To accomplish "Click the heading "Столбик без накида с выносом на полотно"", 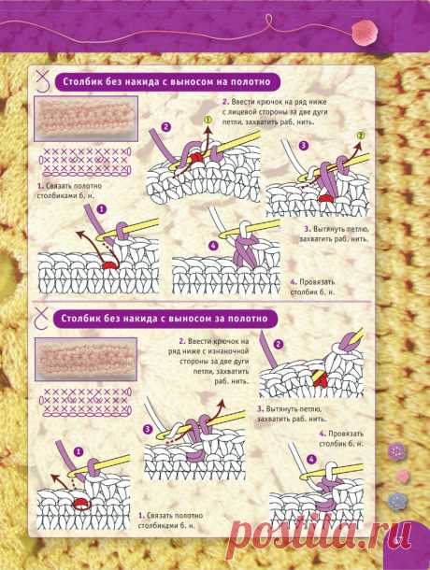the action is pyautogui.click(x=167, y=82).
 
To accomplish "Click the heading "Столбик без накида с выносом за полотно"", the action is pyautogui.click(x=165, y=319).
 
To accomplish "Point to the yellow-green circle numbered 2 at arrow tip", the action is pyautogui.click(x=361, y=135).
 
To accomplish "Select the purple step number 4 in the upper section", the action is pyautogui.click(x=213, y=246).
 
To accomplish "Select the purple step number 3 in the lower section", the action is pyautogui.click(x=148, y=429).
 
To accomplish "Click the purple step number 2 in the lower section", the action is pyautogui.click(x=279, y=344).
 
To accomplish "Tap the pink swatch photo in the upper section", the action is pyautogui.click(x=86, y=119).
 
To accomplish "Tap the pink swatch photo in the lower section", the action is pyautogui.click(x=86, y=359).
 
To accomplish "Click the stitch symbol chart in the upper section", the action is pyautogui.click(x=85, y=161).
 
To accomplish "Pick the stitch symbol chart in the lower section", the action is pyautogui.click(x=85, y=402).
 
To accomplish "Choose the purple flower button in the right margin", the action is pyautogui.click(x=397, y=451).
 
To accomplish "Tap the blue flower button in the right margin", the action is pyautogui.click(x=397, y=502).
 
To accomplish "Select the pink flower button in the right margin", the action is pyautogui.click(x=403, y=476).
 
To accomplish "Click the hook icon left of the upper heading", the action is pyautogui.click(x=44, y=81).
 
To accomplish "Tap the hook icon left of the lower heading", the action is pyautogui.click(x=42, y=319).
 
